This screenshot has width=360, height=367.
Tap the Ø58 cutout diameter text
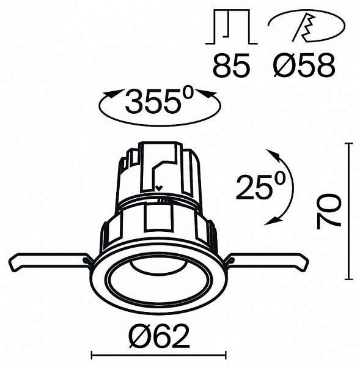coord(304,65)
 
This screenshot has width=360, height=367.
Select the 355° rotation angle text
coord(160,100)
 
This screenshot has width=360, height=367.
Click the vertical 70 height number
coord(328,211)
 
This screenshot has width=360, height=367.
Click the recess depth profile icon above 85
coord(232,26)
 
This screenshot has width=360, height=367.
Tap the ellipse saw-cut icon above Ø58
coord(306,26)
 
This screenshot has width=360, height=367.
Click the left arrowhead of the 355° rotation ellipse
coord(114,93)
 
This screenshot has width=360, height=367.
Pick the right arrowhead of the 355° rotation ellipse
coord(206,93)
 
